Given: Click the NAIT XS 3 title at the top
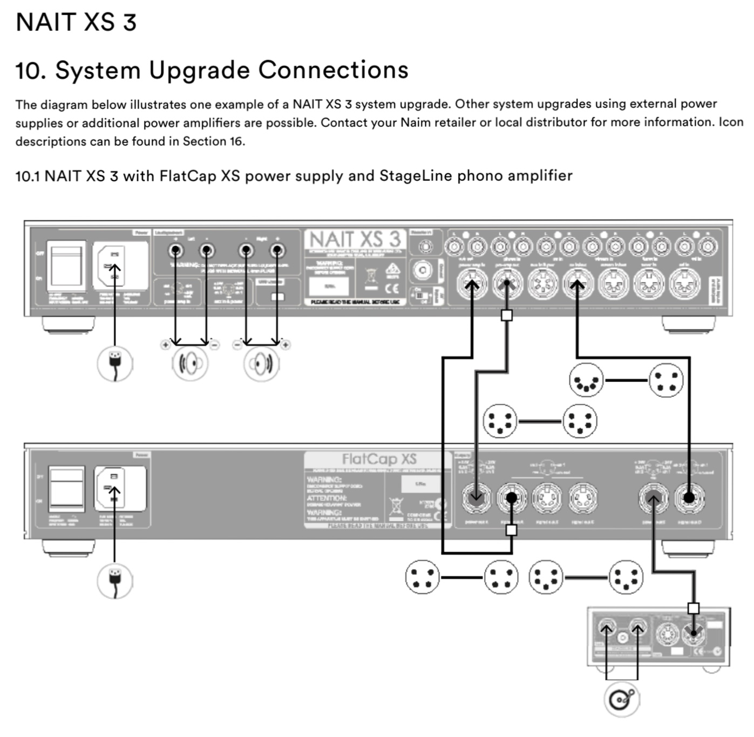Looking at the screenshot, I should pyautogui.click(x=76, y=22).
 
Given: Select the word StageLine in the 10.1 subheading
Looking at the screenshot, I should pyautogui.click(x=415, y=176).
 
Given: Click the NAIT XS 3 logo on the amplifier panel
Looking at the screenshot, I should pyautogui.click(x=355, y=239).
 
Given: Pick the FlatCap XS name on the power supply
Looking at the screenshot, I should pyautogui.click(x=379, y=459).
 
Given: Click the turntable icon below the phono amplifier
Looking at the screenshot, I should pyautogui.click(x=621, y=699).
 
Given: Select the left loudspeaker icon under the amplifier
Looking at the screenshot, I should pyautogui.click(x=190, y=364).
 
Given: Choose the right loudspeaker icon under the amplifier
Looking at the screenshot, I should pyautogui.click(x=261, y=364).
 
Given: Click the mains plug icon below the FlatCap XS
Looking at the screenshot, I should pyautogui.click(x=114, y=581).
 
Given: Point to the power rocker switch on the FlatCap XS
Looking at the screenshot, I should pyautogui.click(x=67, y=489).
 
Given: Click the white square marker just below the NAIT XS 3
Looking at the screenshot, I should pyautogui.click(x=506, y=315).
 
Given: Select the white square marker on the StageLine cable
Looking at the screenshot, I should pyautogui.click(x=694, y=608).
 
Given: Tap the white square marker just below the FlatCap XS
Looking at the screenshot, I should pyautogui.click(x=511, y=530).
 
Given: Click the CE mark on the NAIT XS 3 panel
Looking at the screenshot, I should pyautogui.click(x=392, y=288).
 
